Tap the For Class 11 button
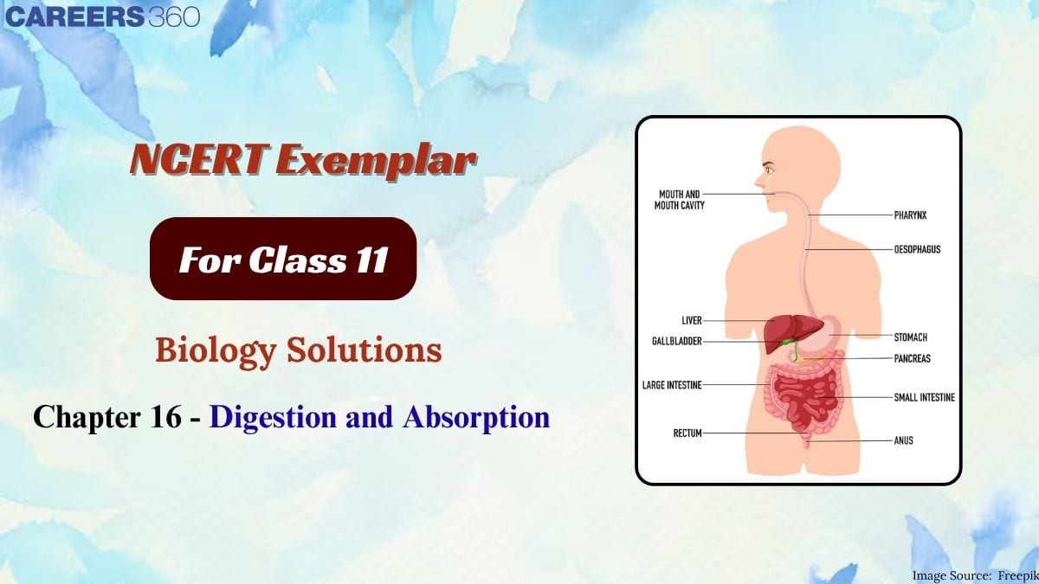click(x=283, y=259)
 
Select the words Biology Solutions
click(x=299, y=350)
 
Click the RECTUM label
click(x=687, y=433)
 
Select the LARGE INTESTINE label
click(x=672, y=384)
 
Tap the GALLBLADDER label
click(x=677, y=342)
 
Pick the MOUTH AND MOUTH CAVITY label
click(x=680, y=200)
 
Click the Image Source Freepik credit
click(x=974, y=574)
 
